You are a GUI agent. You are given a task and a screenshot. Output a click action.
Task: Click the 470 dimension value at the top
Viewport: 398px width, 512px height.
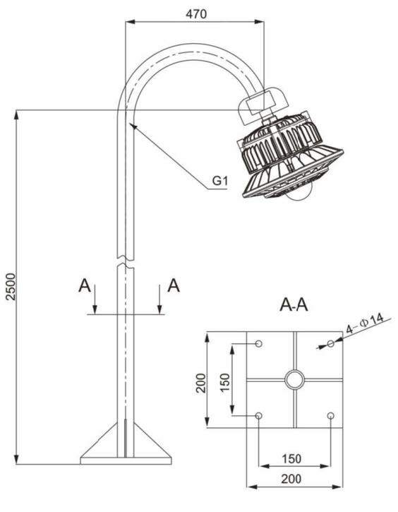196,14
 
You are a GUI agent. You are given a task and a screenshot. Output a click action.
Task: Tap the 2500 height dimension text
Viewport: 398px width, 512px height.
11,287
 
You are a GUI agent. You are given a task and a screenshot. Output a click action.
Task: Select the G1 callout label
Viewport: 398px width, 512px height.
220,180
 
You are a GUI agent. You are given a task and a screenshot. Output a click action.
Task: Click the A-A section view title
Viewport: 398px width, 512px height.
294,305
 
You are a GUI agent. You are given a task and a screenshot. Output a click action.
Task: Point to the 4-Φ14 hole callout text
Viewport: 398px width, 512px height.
365,324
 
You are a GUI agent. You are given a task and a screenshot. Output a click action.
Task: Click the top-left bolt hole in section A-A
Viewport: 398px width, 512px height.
259,343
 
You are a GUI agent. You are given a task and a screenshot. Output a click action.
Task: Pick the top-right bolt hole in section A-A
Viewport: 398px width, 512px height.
330,343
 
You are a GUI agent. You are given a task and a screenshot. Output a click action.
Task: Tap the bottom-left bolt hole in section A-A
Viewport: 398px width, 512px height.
259,416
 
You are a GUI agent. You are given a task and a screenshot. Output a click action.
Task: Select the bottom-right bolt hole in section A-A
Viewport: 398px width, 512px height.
330,416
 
